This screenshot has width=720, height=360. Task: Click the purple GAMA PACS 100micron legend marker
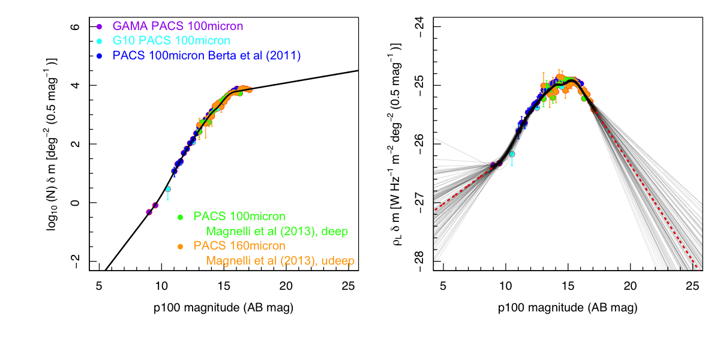tap(100, 26)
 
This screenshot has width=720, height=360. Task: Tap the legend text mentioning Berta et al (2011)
tap(205, 56)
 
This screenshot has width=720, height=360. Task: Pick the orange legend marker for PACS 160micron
tap(179, 246)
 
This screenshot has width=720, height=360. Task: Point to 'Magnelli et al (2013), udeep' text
tap(280, 260)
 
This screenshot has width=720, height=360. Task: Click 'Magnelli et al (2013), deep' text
tap(277, 231)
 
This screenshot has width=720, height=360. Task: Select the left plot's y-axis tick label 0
tap(76, 203)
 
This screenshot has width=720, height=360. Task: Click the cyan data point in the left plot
tap(168, 188)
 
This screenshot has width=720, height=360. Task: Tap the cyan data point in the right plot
tap(512, 154)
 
